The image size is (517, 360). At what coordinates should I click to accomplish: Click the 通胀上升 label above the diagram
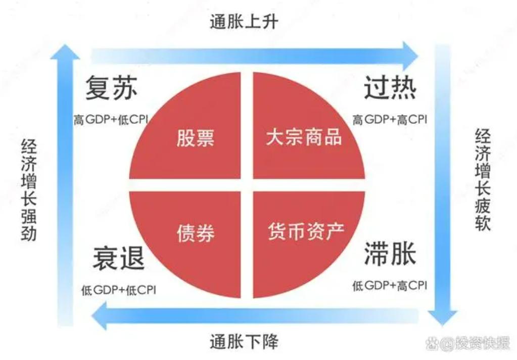pos(244,22)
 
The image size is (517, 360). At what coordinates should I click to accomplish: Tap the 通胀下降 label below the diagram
pos(244,342)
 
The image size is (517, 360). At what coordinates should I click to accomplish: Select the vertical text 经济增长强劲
pos(29,190)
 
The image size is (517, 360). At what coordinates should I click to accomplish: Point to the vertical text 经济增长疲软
pos(483,180)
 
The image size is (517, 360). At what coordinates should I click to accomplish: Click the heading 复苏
pos(111,89)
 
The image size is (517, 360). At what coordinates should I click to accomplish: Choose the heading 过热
pos(390,89)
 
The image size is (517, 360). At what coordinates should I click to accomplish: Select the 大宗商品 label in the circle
pos(304,137)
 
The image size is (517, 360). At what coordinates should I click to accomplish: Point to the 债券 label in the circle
pos(195,233)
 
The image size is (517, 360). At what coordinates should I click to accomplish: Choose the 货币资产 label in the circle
pos(306,231)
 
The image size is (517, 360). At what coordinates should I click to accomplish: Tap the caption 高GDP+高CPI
pos(390,120)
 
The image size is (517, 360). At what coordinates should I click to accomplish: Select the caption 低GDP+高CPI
pos(390,286)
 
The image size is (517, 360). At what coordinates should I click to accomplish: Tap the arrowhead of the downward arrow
pos(441,317)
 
